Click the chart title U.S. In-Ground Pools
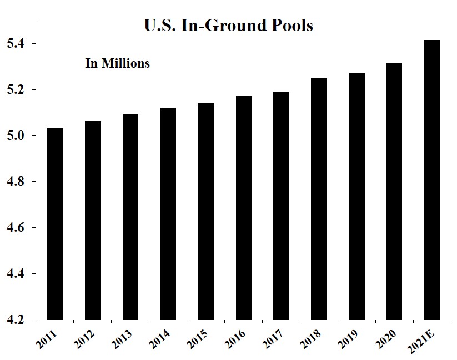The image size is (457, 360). click(x=228, y=26)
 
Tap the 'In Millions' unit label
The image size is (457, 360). click(x=117, y=63)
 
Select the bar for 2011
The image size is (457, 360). click(x=55, y=224)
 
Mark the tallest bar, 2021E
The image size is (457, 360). click(x=432, y=180)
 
